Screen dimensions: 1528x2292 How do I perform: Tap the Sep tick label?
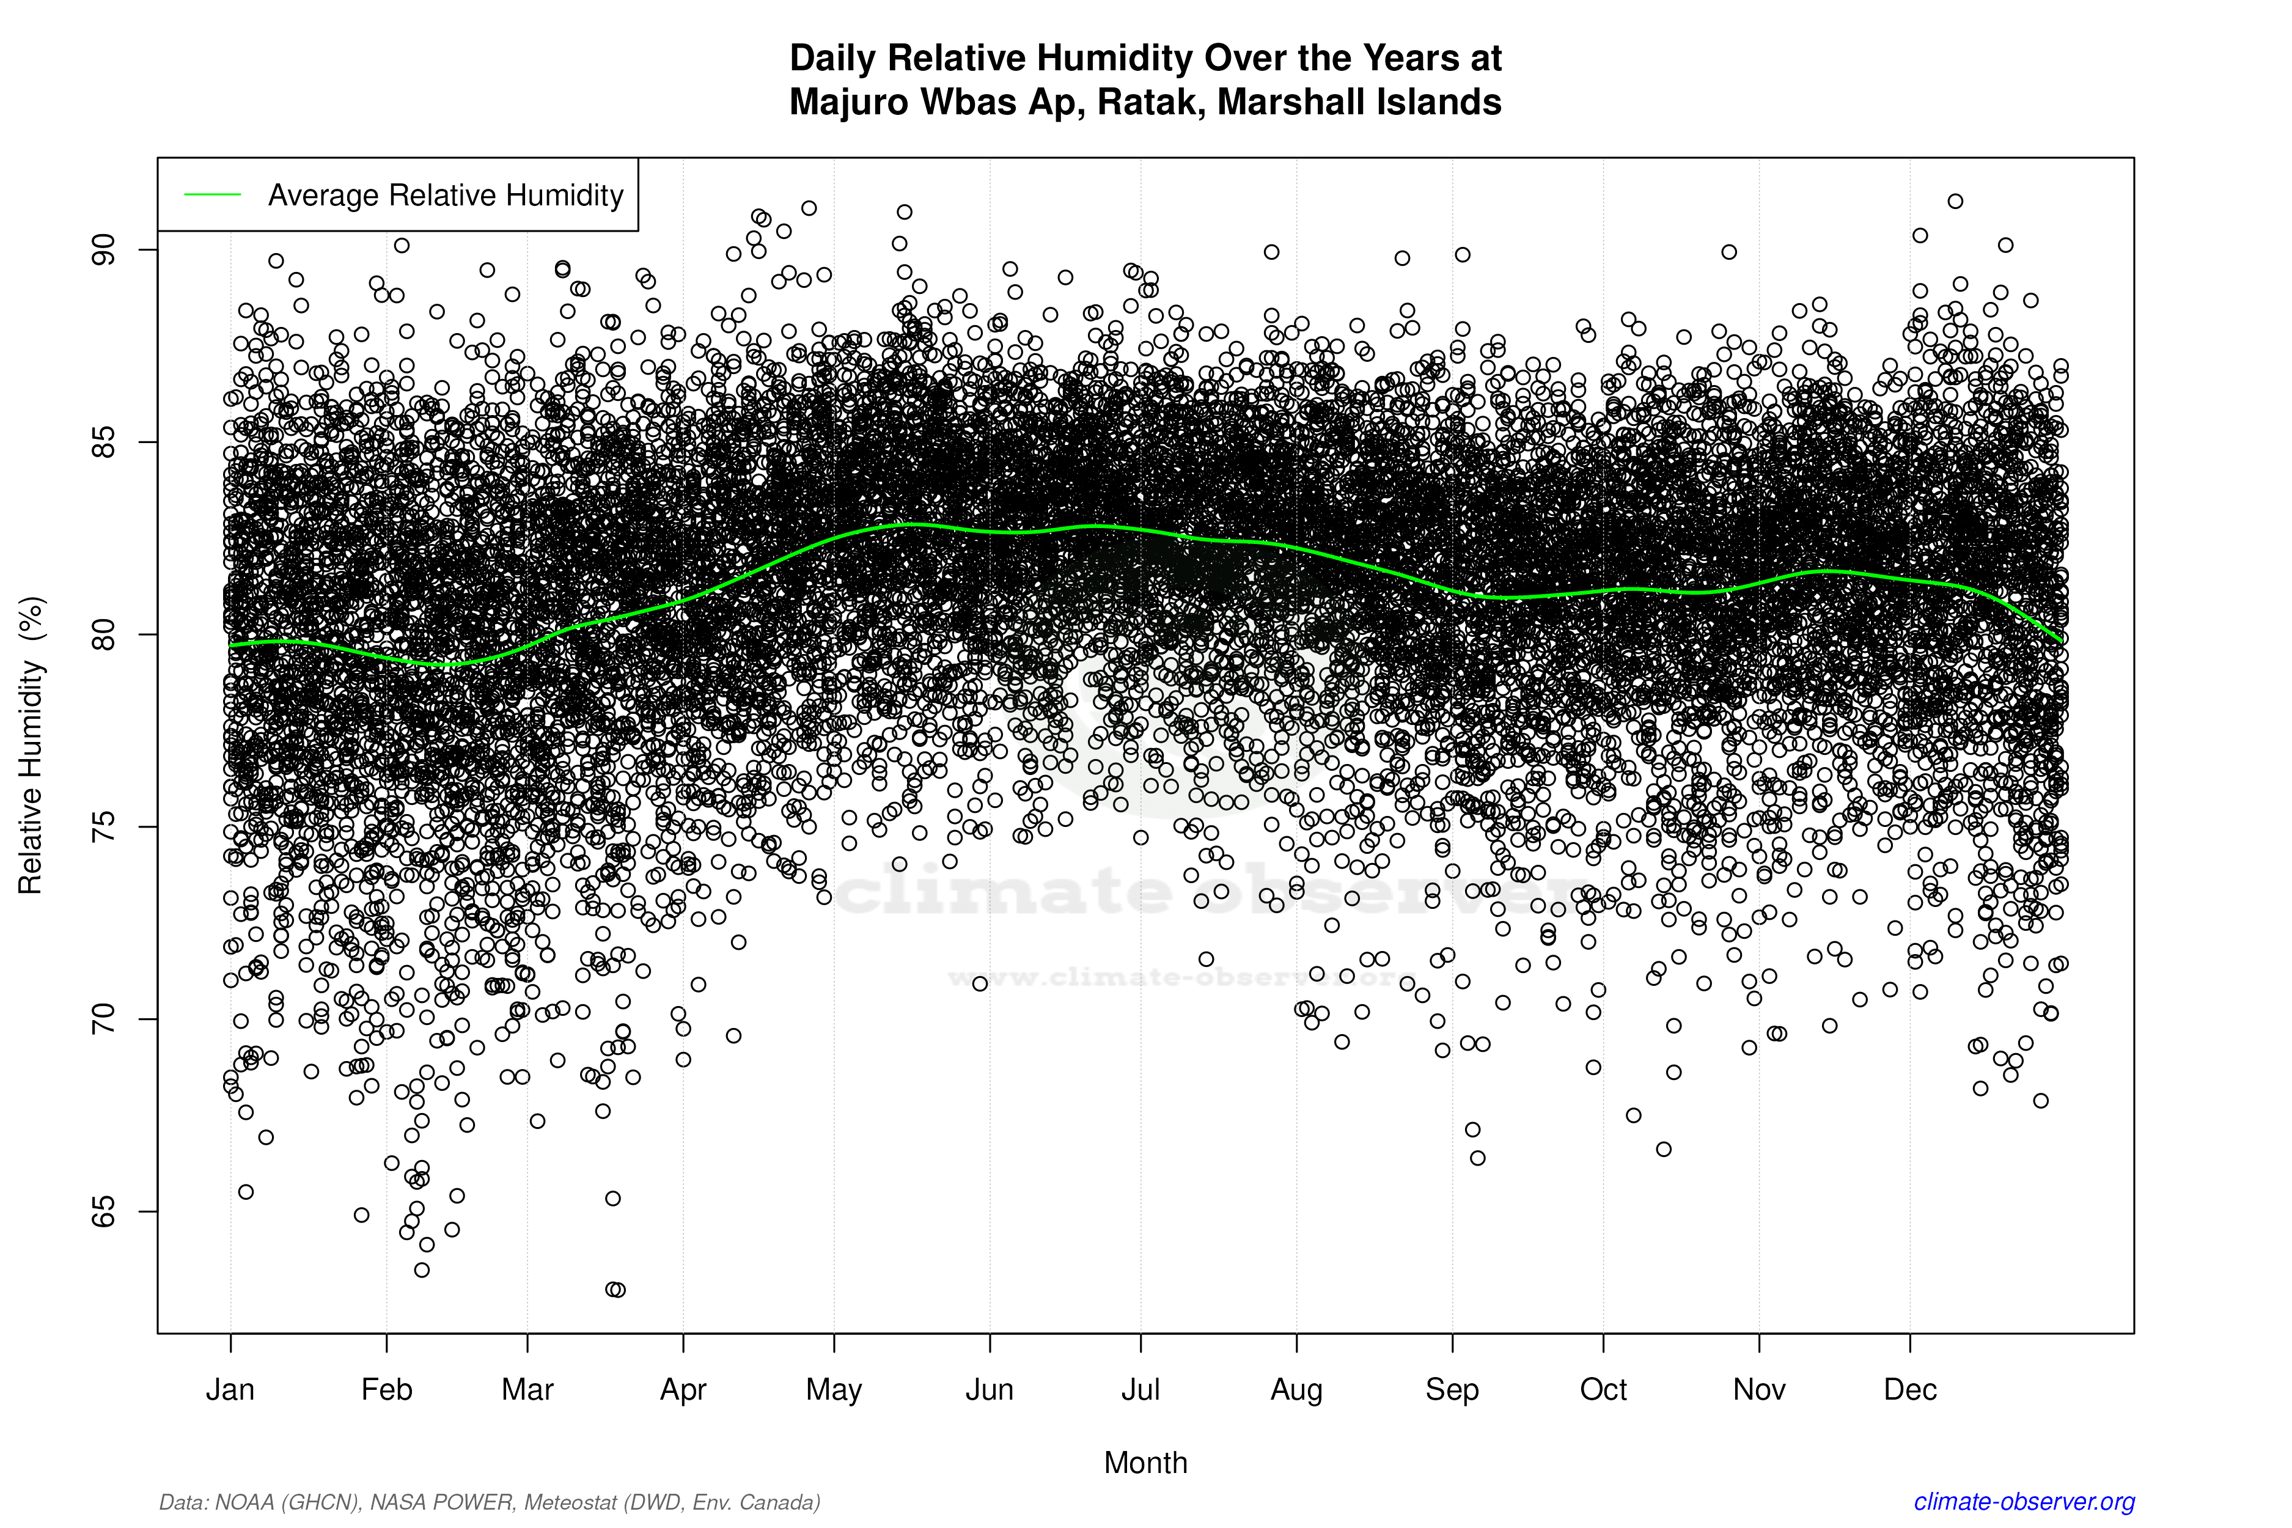tap(1452, 1390)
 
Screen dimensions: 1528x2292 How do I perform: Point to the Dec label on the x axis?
tap(1910, 1390)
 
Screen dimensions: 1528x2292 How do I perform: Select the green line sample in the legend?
tap(213, 195)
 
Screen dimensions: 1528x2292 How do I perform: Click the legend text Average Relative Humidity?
tap(446, 195)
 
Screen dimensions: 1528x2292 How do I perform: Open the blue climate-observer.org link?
tap(2024, 1502)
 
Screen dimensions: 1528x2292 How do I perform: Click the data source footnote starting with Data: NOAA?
tap(489, 1502)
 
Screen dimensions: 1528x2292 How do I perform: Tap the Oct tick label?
tap(1603, 1390)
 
